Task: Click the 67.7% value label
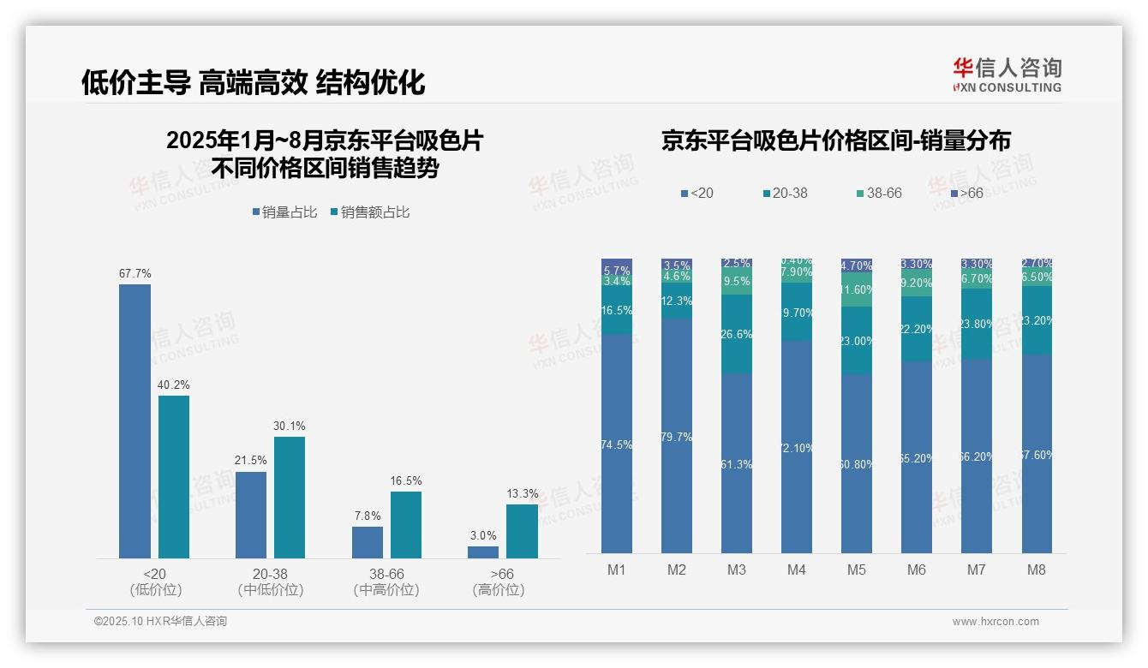[x=135, y=274]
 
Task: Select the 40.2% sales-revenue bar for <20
[x=173, y=476]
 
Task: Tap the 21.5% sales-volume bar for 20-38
[x=250, y=515]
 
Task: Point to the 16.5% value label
[x=405, y=481]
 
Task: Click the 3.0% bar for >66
[x=483, y=552]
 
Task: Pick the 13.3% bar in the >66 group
[x=522, y=531]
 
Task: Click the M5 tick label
[x=856, y=570]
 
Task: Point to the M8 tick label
[x=1036, y=570]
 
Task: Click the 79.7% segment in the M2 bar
[x=676, y=436]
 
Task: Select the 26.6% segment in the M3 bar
[x=736, y=334]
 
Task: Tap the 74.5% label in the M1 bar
[x=616, y=445]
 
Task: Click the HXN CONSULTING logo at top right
[x=1007, y=75]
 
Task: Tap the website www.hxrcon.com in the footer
[x=996, y=622]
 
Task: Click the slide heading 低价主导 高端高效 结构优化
[x=253, y=83]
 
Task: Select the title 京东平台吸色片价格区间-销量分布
[x=835, y=141]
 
